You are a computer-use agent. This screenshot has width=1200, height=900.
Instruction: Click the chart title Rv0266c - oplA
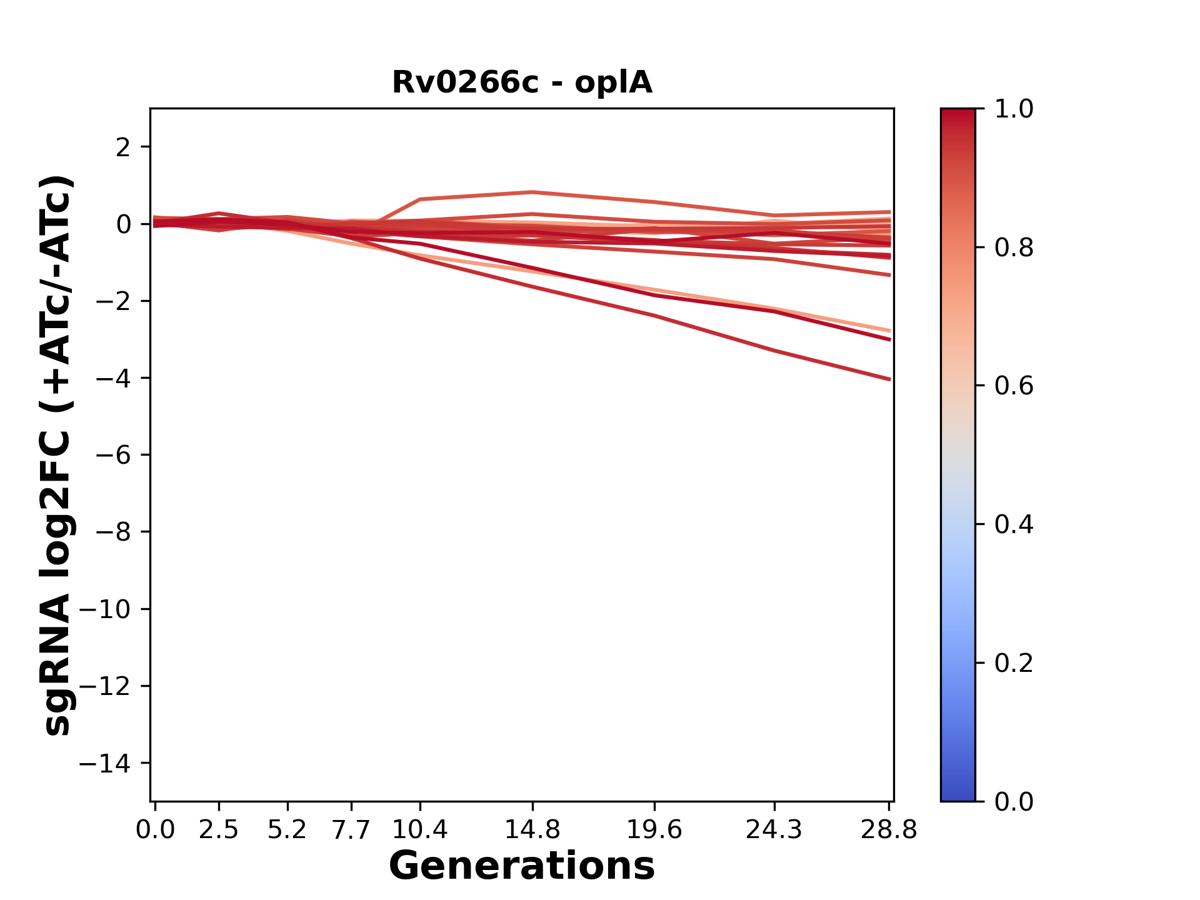pos(522,82)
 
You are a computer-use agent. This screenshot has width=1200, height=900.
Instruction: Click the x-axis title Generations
pos(522,866)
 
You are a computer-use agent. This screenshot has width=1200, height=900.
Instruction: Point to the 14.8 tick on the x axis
pos(532,830)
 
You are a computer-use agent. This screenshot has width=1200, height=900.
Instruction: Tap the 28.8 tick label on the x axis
pos(889,830)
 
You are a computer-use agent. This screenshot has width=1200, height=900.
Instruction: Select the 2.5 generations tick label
pos(219,830)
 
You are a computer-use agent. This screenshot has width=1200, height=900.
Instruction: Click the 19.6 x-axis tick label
pos(654,830)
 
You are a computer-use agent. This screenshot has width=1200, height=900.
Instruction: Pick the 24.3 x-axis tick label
pos(774,830)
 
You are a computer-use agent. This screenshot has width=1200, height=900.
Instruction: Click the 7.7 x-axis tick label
pos(351,830)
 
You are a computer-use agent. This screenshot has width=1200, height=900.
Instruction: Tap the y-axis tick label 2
pos(123,147)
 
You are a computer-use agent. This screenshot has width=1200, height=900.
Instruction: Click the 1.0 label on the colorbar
pos(1014,109)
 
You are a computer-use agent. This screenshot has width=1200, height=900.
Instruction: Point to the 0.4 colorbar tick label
pos(1014,524)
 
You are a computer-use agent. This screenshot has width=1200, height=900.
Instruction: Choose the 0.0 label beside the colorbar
pos(1014,801)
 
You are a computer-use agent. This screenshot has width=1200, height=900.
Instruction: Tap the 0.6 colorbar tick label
pos(1014,386)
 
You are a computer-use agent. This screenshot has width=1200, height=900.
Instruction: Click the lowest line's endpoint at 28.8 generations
pos(889,379)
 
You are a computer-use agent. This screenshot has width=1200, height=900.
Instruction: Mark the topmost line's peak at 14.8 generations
pos(532,192)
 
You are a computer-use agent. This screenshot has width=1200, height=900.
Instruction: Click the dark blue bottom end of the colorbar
pos(957,795)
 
